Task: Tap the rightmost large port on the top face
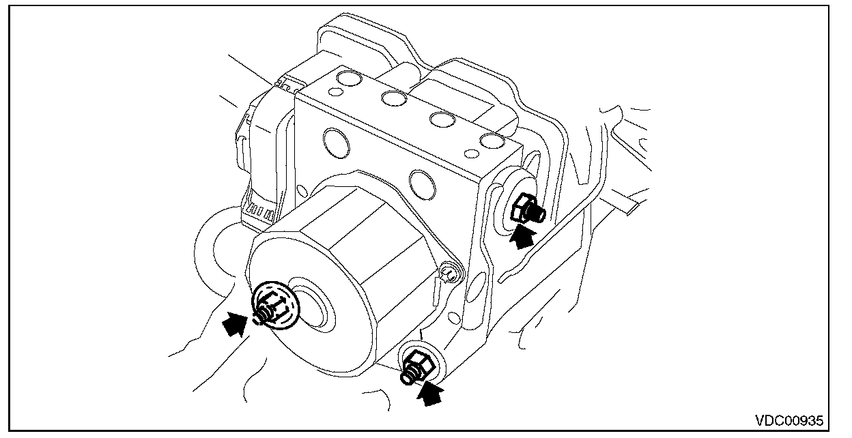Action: [x=491, y=141]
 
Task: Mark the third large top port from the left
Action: [x=442, y=120]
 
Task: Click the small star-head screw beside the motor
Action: [x=450, y=274]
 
